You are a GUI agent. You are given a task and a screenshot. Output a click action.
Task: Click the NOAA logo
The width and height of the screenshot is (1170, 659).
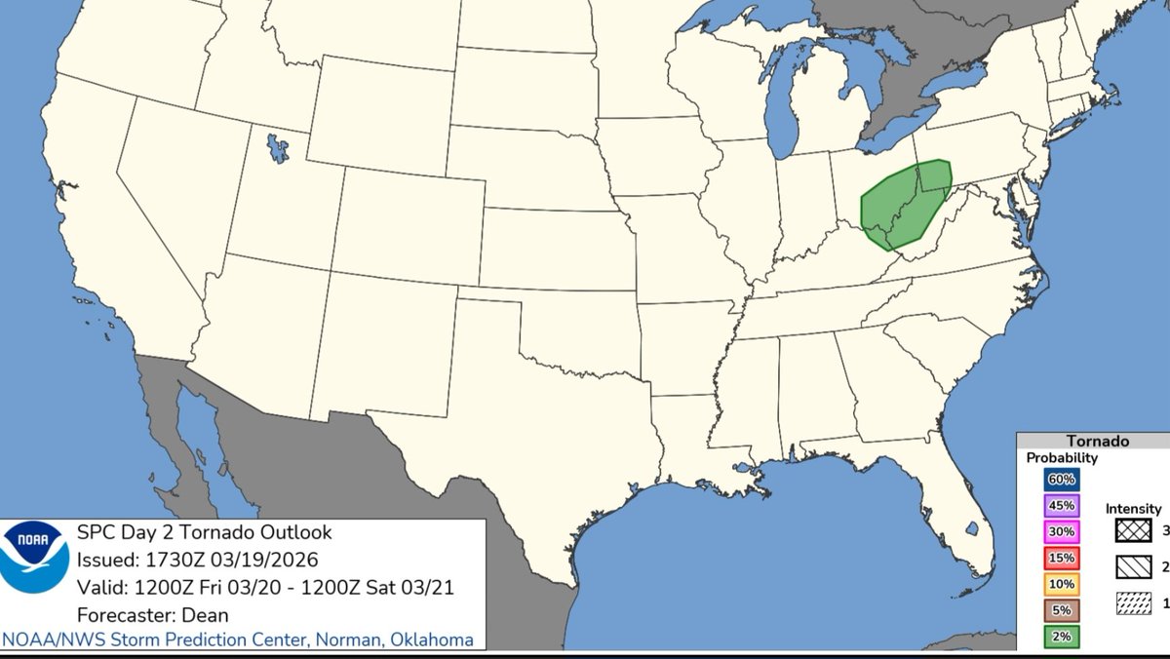coord(34,557)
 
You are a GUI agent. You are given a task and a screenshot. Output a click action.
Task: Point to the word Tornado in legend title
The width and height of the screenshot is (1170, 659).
coord(1097,441)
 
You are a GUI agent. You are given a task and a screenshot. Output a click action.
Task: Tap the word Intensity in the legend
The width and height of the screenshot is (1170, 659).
coord(1133,508)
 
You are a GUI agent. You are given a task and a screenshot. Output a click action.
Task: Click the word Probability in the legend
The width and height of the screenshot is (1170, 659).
coord(1062,457)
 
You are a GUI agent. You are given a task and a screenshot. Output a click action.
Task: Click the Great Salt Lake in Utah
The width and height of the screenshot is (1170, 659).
coord(278,148)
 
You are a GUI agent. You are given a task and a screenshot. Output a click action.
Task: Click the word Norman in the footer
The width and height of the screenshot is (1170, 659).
coord(320,640)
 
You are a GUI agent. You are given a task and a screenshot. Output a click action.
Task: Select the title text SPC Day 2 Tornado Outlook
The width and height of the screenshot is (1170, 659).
coord(204,532)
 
